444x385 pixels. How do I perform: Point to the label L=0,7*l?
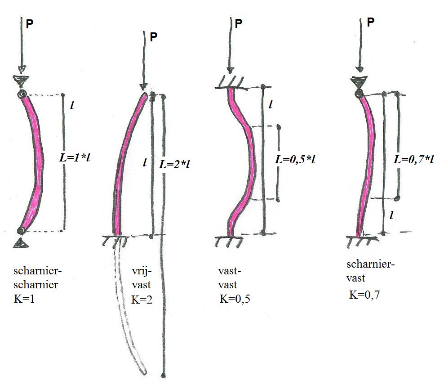pyautogui.click(x=414, y=159)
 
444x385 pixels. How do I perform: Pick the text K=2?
pyautogui.click(x=141, y=300)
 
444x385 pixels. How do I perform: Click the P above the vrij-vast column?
pyautogui.click(x=154, y=37)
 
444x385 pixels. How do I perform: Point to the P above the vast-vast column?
pyautogui.click(x=239, y=24)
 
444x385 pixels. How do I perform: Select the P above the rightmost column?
pyautogui.click(x=371, y=22)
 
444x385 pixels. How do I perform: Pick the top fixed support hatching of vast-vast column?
pyautogui.click(x=230, y=82)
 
